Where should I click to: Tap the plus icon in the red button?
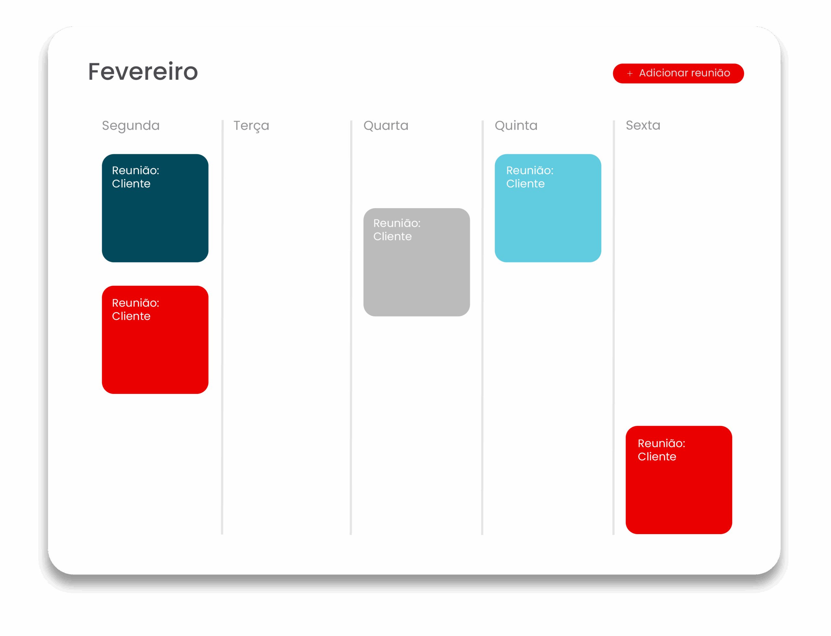point(630,73)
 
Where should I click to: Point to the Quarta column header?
point(386,126)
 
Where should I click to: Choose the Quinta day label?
point(516,126)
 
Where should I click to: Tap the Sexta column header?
point(643,125)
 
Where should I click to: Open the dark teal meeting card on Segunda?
point(155,208)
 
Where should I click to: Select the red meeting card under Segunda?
point(155,340)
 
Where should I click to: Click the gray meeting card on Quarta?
point(416,262)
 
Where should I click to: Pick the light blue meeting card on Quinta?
point(548,208)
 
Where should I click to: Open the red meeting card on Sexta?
point(679,480)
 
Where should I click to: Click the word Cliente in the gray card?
point(392,237)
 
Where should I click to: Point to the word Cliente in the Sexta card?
point(657,457)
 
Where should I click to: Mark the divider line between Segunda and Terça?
point(222,328)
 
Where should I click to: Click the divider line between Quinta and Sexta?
point(614,328)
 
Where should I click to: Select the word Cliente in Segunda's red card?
point(131,317)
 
